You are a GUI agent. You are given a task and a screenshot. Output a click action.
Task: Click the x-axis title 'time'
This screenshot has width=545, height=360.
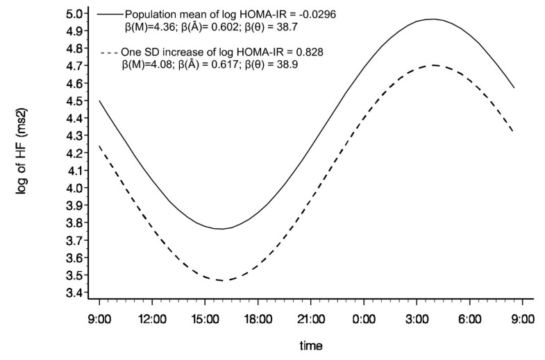(310, 345)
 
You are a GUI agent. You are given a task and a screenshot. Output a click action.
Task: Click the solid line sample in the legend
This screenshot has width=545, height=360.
(108, 13)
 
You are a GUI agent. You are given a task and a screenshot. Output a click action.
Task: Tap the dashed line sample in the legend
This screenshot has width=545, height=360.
(108, 53)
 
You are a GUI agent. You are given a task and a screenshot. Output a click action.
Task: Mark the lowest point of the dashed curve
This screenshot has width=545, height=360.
(221, 280)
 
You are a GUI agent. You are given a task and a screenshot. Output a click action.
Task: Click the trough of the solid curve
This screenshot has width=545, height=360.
(220, 229)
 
